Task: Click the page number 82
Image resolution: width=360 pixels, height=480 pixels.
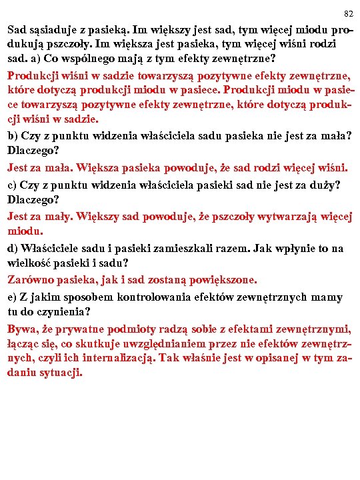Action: coord(348,14)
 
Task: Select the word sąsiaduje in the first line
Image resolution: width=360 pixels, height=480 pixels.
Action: coord(53,31)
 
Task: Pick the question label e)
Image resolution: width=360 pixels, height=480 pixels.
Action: coord(13,297)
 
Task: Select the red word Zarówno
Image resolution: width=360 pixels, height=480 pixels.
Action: coord(31,280)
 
